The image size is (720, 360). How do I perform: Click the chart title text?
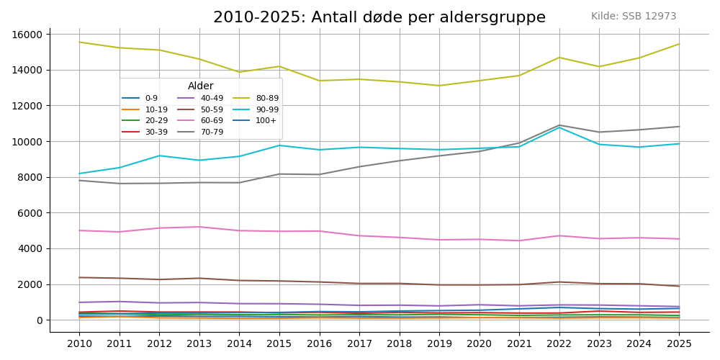pos(379,17)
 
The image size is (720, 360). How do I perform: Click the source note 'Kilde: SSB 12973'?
pos(634,17)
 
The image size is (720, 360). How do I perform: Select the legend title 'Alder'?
pos(201,86)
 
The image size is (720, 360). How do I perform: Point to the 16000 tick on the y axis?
pos(29,35)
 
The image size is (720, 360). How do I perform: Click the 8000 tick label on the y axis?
pos(32,177)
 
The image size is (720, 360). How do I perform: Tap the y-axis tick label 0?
pos(41,320)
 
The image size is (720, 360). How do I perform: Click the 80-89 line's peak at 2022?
pos(559,58)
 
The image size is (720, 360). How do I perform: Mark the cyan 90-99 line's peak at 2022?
pos(559,127)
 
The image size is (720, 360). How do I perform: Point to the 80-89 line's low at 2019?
pos(439,86)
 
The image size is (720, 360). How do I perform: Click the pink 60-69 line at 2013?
pos(199,227)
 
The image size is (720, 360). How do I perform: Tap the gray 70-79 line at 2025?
pos(679,127)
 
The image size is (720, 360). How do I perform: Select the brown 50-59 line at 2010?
pos(79,278)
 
